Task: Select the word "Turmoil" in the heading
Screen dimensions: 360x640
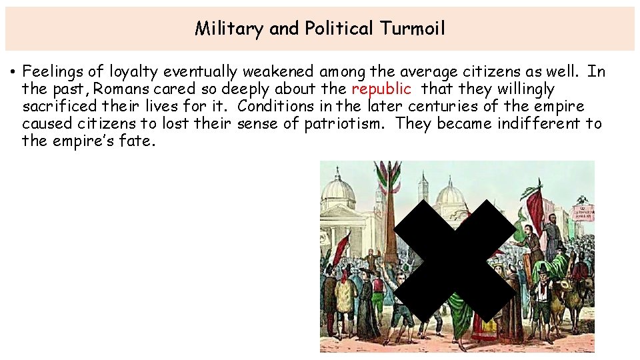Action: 412,29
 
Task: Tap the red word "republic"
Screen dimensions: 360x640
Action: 381,89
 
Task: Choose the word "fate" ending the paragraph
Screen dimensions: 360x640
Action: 136,141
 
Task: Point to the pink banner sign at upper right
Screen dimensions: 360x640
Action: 583,211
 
